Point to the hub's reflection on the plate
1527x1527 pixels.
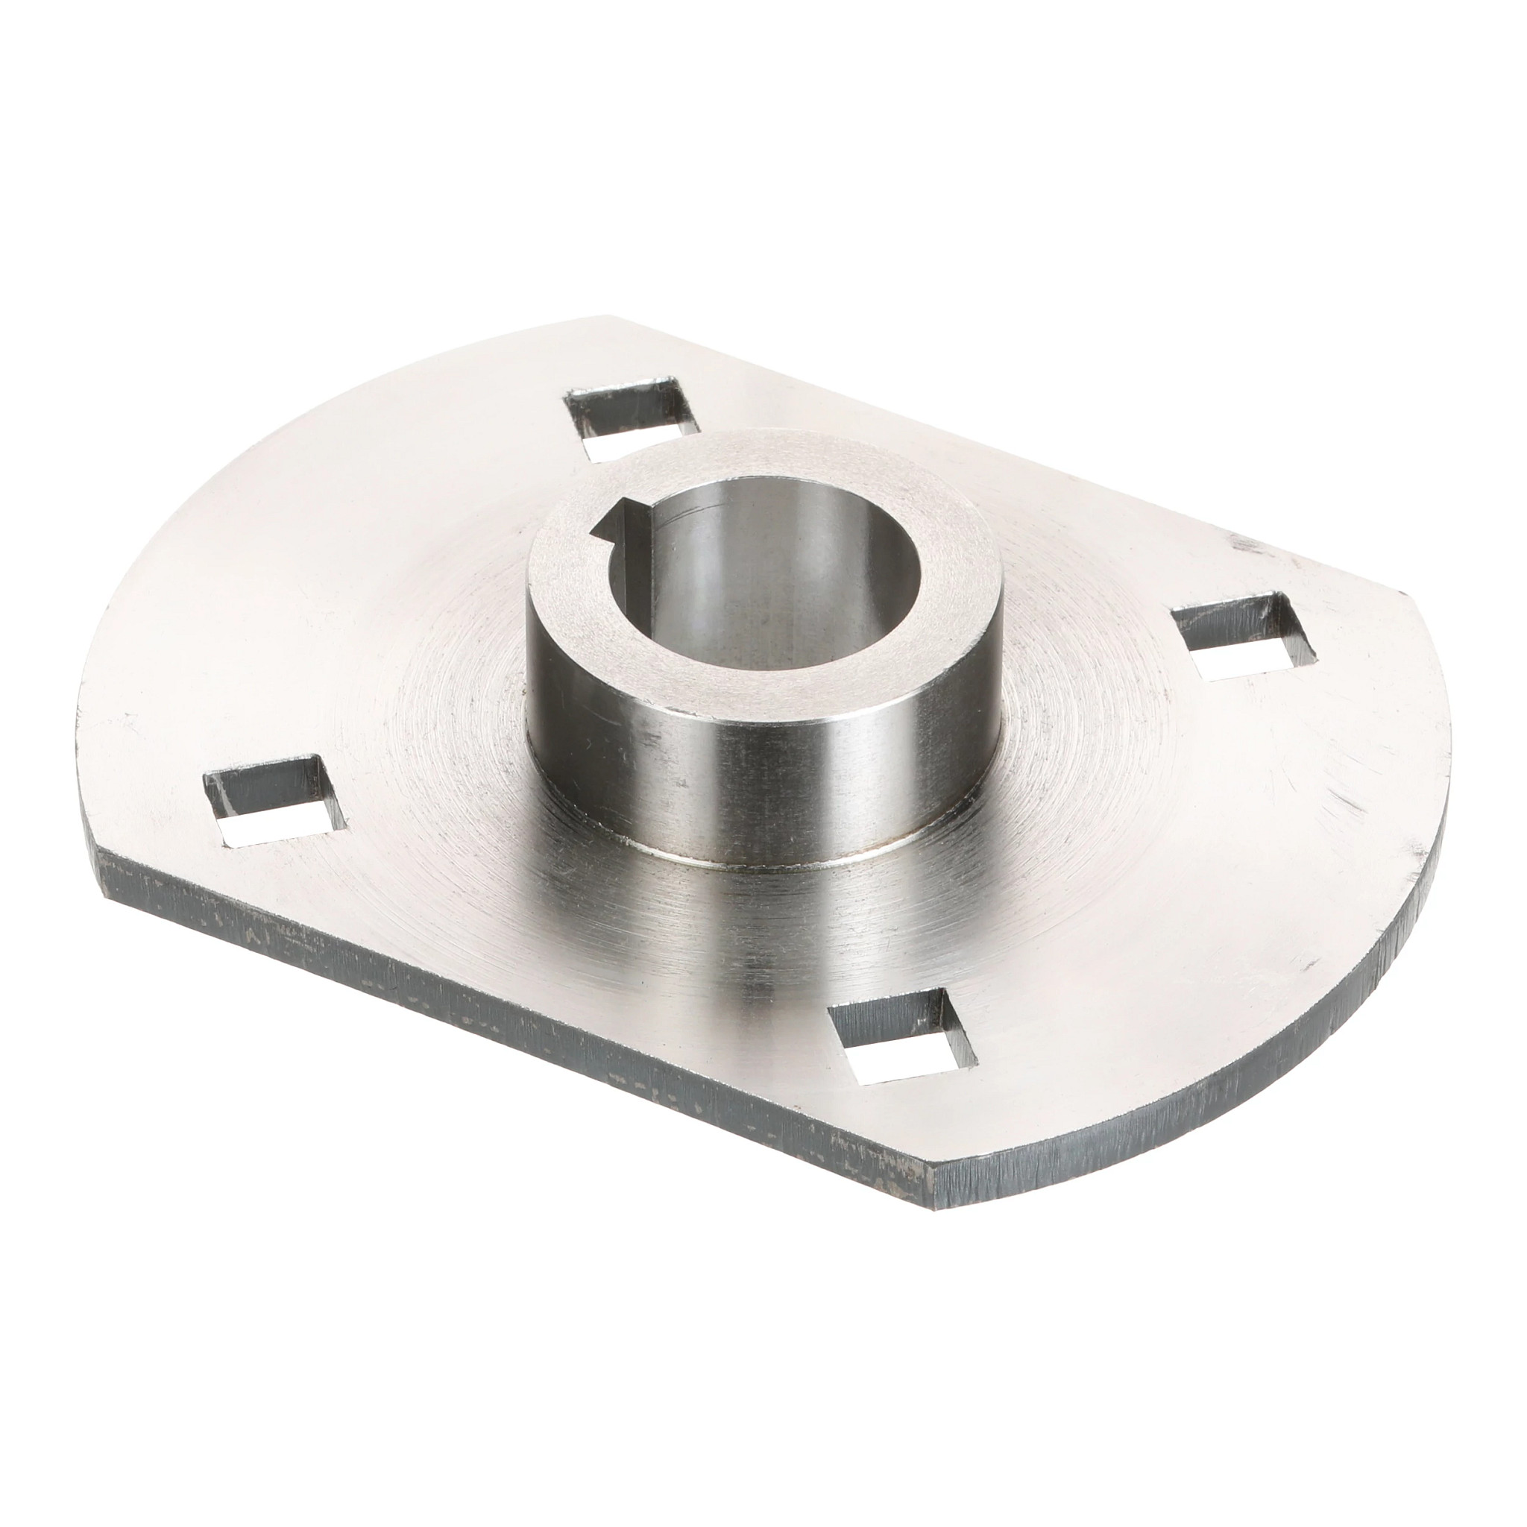(759, 948)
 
